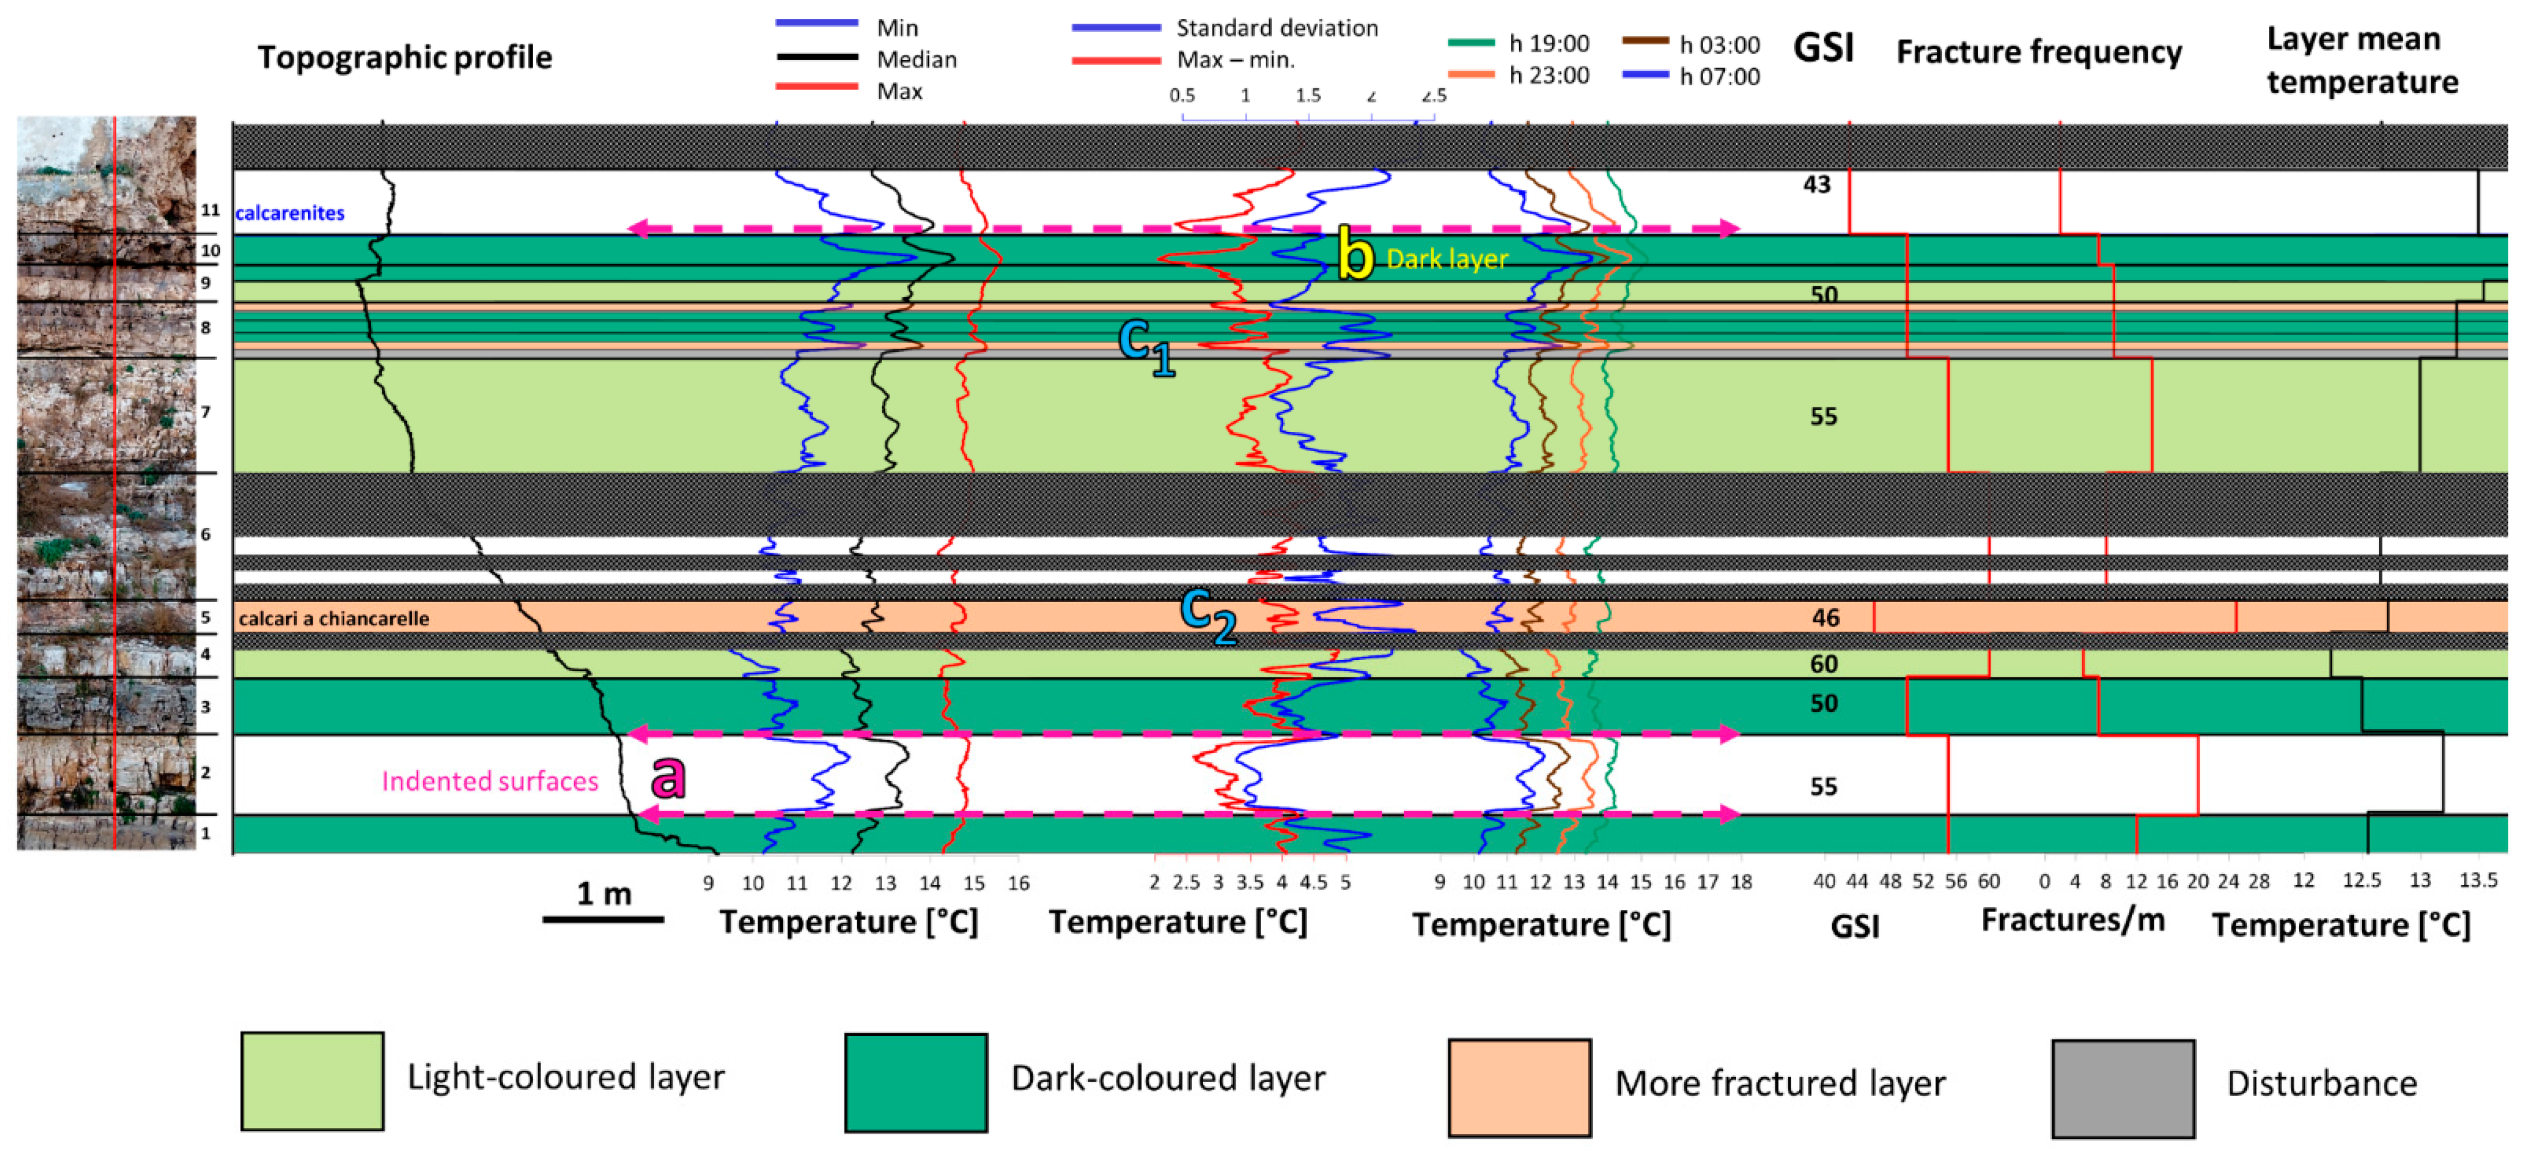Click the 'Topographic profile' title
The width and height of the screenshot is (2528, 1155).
pyautogui.click(x=404, y=57)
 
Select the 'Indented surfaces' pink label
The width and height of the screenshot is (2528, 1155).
pyautogui.click(x=490, y=781)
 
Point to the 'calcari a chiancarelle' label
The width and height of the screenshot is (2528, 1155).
pyautogui.click(x=333, y=618)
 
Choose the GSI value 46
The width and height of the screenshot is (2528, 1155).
pyautogui.click(x=1824, y=617)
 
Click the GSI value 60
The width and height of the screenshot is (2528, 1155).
pyautogui.click(x=1824, y=665)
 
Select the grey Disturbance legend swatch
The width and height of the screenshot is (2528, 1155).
pyautogui.click(x=2122, y=1087)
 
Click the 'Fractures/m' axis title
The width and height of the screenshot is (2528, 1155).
pyautogui.click(x=2072, y=920)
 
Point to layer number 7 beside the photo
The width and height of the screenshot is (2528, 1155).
pyautogui.click(x=205, y=412)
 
